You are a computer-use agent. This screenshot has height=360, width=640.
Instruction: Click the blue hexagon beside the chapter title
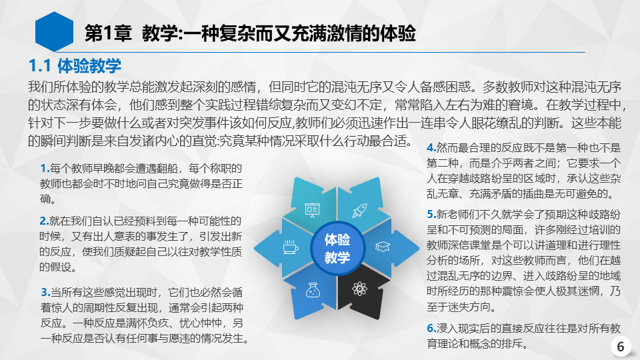point(54,32)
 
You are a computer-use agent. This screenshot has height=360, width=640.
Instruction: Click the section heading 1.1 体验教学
point(75,66)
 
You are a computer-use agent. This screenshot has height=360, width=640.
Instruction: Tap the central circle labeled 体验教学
point(337,248)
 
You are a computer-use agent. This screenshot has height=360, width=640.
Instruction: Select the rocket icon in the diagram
point(359,211)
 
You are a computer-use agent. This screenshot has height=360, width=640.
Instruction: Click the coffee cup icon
point(291,247)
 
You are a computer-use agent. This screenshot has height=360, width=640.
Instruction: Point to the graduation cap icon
point(383,247)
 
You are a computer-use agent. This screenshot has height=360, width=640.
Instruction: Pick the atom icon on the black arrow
point(359,289)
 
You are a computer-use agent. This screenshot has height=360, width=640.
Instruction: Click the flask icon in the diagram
point(313,290)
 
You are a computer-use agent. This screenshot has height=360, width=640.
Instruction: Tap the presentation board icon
point(312,210)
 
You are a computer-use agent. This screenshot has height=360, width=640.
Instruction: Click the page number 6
point(621,347)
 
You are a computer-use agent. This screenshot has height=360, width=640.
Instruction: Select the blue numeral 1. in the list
point(45,168)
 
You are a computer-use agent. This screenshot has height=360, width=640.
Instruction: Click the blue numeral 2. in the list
point(44,221)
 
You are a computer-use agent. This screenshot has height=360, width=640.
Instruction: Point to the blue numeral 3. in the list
point(45,292)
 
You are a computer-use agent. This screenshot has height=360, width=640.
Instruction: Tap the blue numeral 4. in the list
point(431,147)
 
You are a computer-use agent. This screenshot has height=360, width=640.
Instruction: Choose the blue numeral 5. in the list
point(431,214)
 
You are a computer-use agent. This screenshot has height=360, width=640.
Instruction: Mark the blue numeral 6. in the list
point(431,328)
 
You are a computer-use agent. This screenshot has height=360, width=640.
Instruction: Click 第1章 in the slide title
point(108,33)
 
